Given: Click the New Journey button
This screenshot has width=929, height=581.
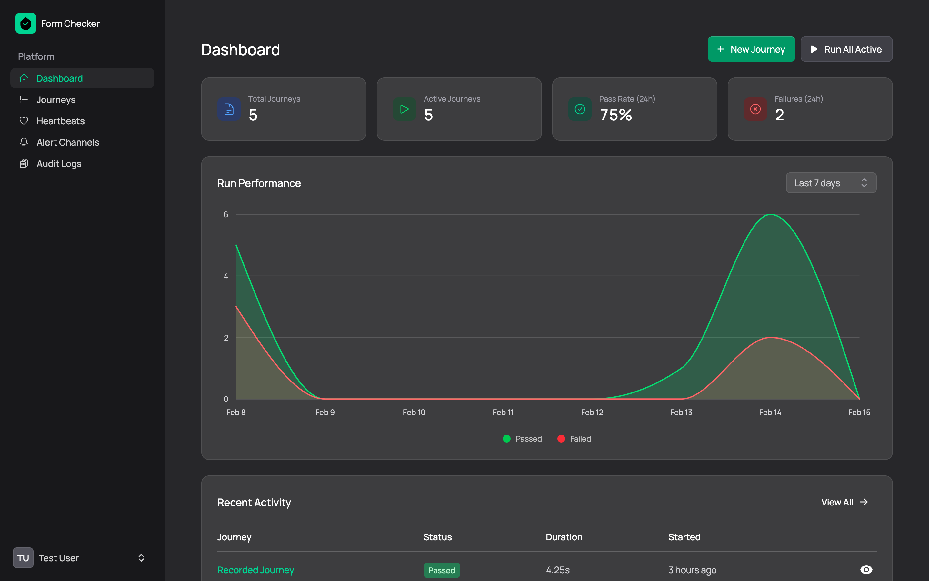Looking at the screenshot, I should point(751,49).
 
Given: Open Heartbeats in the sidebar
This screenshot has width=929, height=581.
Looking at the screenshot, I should point(60,121).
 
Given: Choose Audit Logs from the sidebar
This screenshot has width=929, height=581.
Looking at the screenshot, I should point(59,164).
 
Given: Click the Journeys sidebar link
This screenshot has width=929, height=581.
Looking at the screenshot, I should point(56,100).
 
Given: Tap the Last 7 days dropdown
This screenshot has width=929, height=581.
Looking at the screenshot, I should point(831,183).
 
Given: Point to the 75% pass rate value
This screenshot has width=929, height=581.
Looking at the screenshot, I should point(616,115).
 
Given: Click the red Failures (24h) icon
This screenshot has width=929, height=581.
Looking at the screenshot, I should point(755,109).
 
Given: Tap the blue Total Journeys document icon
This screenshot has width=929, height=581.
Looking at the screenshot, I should point(229,109).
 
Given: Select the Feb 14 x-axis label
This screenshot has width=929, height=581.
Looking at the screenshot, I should point(770,412).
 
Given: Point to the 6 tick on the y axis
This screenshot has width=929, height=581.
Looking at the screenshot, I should point(226,214).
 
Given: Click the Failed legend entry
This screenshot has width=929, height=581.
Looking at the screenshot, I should point(574,439).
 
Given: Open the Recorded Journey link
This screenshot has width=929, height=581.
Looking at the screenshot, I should point(255,570).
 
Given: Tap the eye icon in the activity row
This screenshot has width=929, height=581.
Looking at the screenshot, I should point(866,569).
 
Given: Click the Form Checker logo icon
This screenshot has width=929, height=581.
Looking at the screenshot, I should point(25,24).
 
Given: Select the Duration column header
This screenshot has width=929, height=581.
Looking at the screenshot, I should point(564,537).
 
